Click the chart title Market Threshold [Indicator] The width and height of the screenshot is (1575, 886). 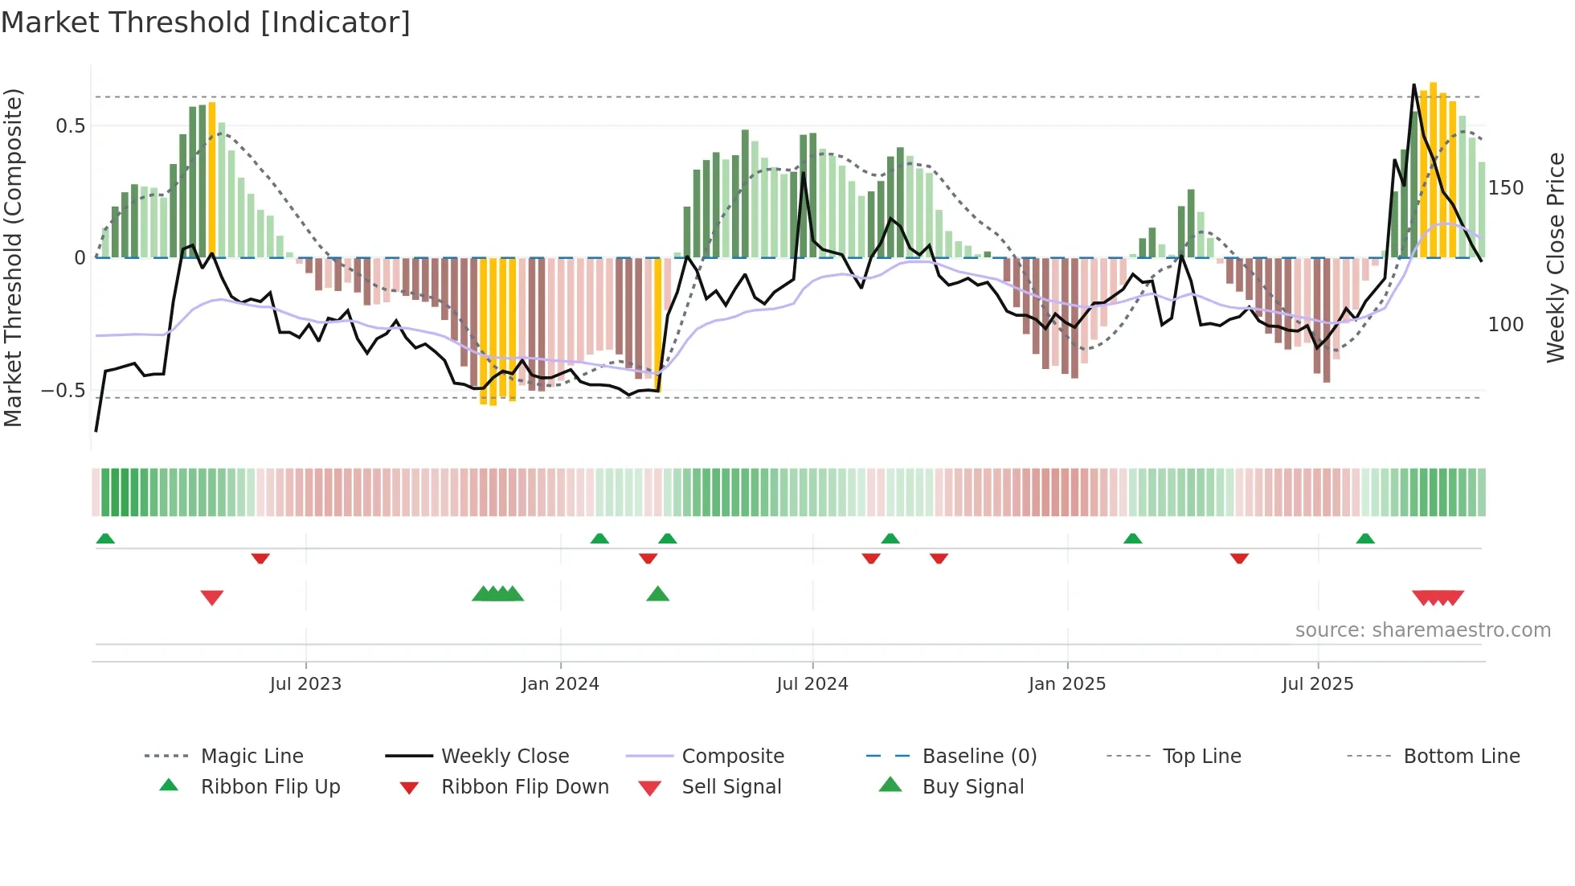[206, 23]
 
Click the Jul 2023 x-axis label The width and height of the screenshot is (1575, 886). [305, 684]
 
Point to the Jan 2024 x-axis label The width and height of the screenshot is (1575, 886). [560, 684]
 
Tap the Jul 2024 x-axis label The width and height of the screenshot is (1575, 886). [812, 684]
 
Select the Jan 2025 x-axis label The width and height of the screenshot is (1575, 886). [1067, 684]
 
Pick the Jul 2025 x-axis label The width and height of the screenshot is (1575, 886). [1318, 684]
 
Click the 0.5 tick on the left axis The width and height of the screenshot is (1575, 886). [70, 126]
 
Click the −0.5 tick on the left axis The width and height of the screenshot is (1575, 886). [63, 391]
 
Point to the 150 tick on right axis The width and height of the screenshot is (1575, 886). [1506, 188]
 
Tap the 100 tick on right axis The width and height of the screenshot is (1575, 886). [1506, 325]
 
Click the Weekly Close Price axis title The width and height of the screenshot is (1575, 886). [1556, 257]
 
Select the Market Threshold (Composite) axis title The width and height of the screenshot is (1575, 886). [13, 257]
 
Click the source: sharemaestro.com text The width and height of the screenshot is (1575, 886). [1422, 630]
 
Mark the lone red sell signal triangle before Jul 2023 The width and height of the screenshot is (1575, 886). [212, 597]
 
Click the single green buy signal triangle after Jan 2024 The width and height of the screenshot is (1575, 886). [658, 594]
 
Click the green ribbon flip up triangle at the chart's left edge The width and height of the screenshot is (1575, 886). [105, 539]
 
